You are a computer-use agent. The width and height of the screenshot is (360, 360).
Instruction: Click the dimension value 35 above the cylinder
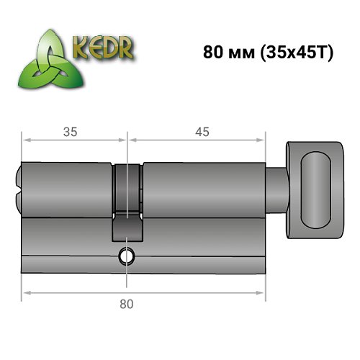pyautogui.click(x=70, y=131)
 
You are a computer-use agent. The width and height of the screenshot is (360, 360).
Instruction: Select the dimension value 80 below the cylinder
pyautogui.click(x=127, y=303)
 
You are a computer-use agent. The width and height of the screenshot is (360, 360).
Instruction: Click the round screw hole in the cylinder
pyautogui.click(x=127, y=254)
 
